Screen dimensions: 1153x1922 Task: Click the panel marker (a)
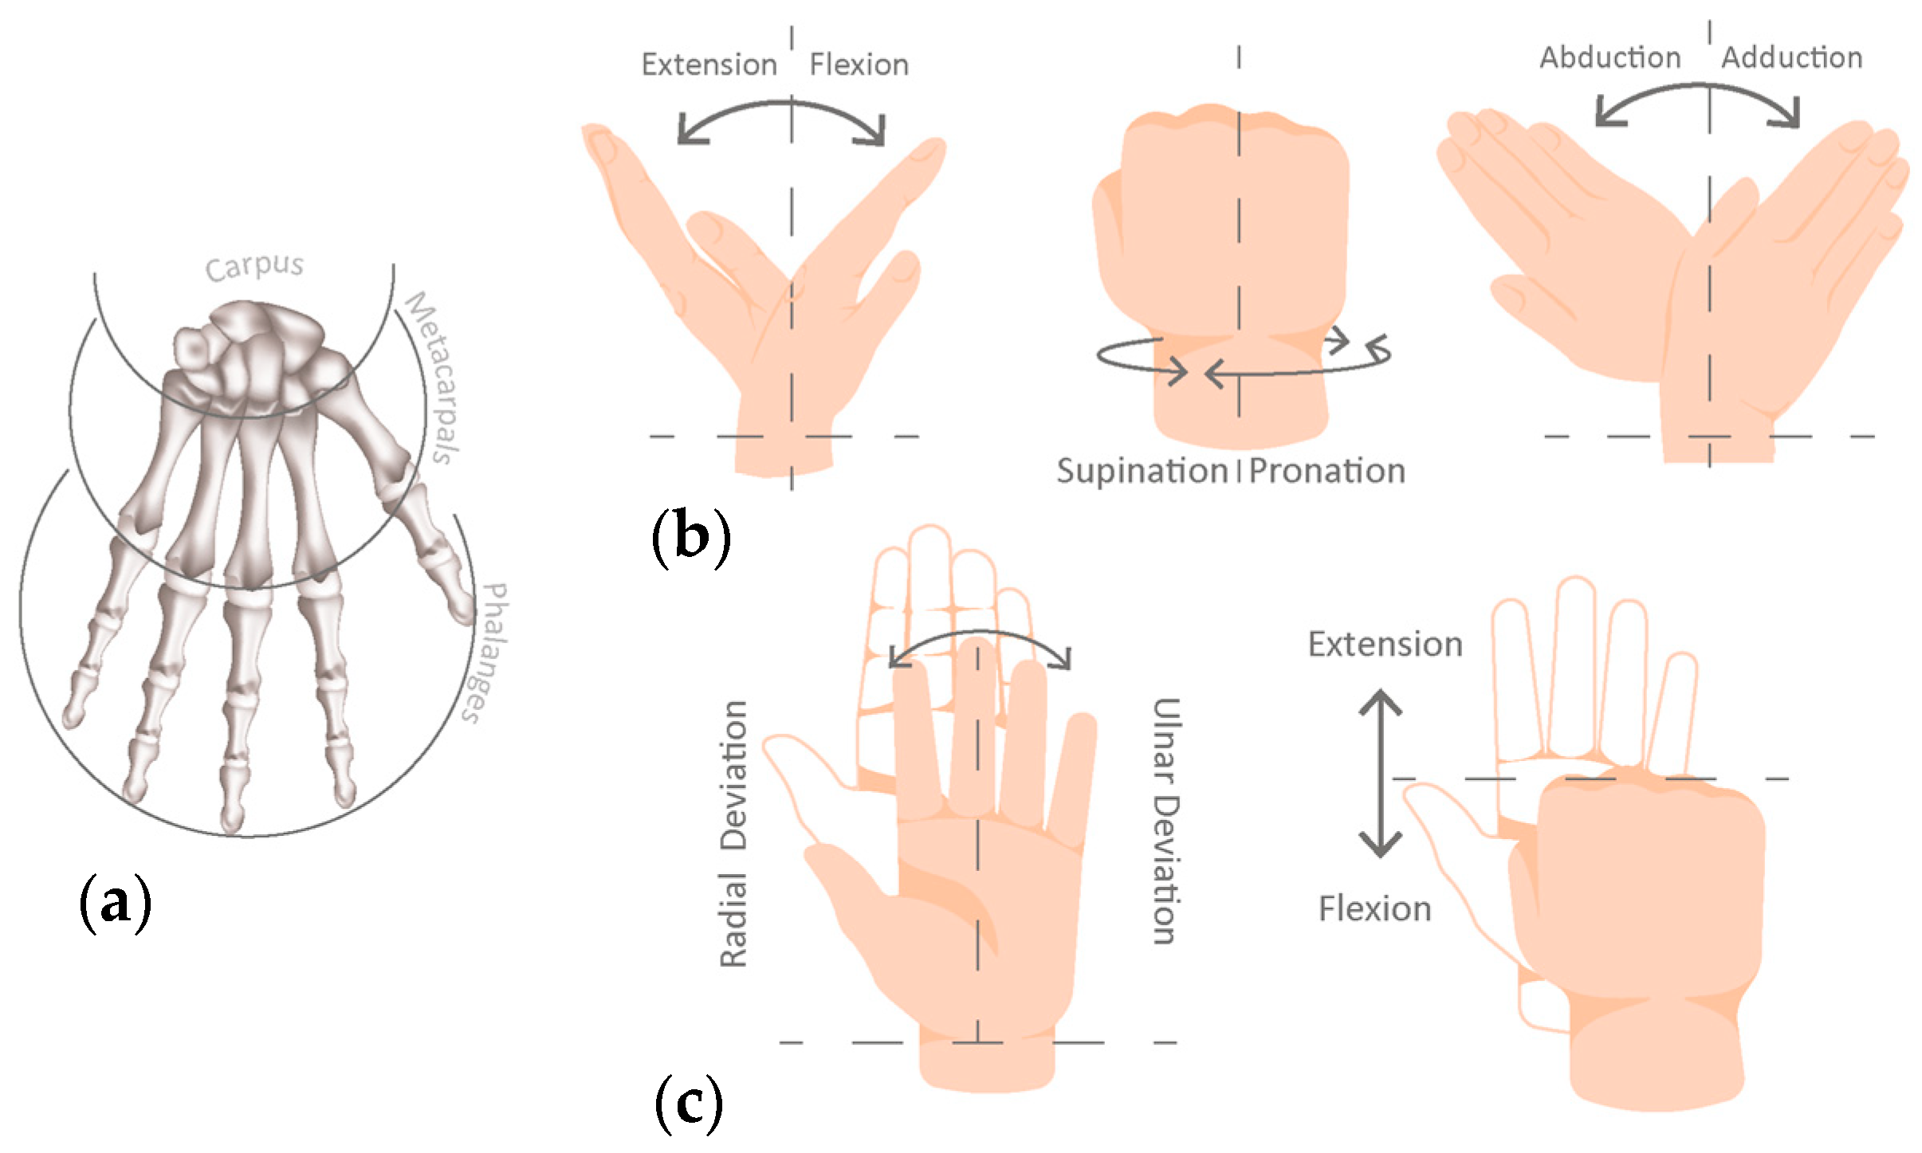(x=115, y=902)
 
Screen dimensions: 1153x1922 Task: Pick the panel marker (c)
(x=689, y=1103)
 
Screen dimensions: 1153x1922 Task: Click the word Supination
(x=1142, y=471)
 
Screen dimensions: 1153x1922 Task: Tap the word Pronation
(x=1327, y=471)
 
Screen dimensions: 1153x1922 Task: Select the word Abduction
(x=1610, y=57)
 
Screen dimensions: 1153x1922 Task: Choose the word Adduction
(x=1791, y=57)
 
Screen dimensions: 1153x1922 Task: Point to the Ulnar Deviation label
(x=1165, y=821)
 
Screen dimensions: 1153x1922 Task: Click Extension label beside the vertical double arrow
(x=1385, y=644)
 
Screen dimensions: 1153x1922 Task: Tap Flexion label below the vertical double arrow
(x=1374, y=908)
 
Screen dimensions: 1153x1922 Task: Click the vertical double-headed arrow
(x=1380, y=773)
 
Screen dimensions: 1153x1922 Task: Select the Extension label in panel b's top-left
(x=709, y=65)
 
